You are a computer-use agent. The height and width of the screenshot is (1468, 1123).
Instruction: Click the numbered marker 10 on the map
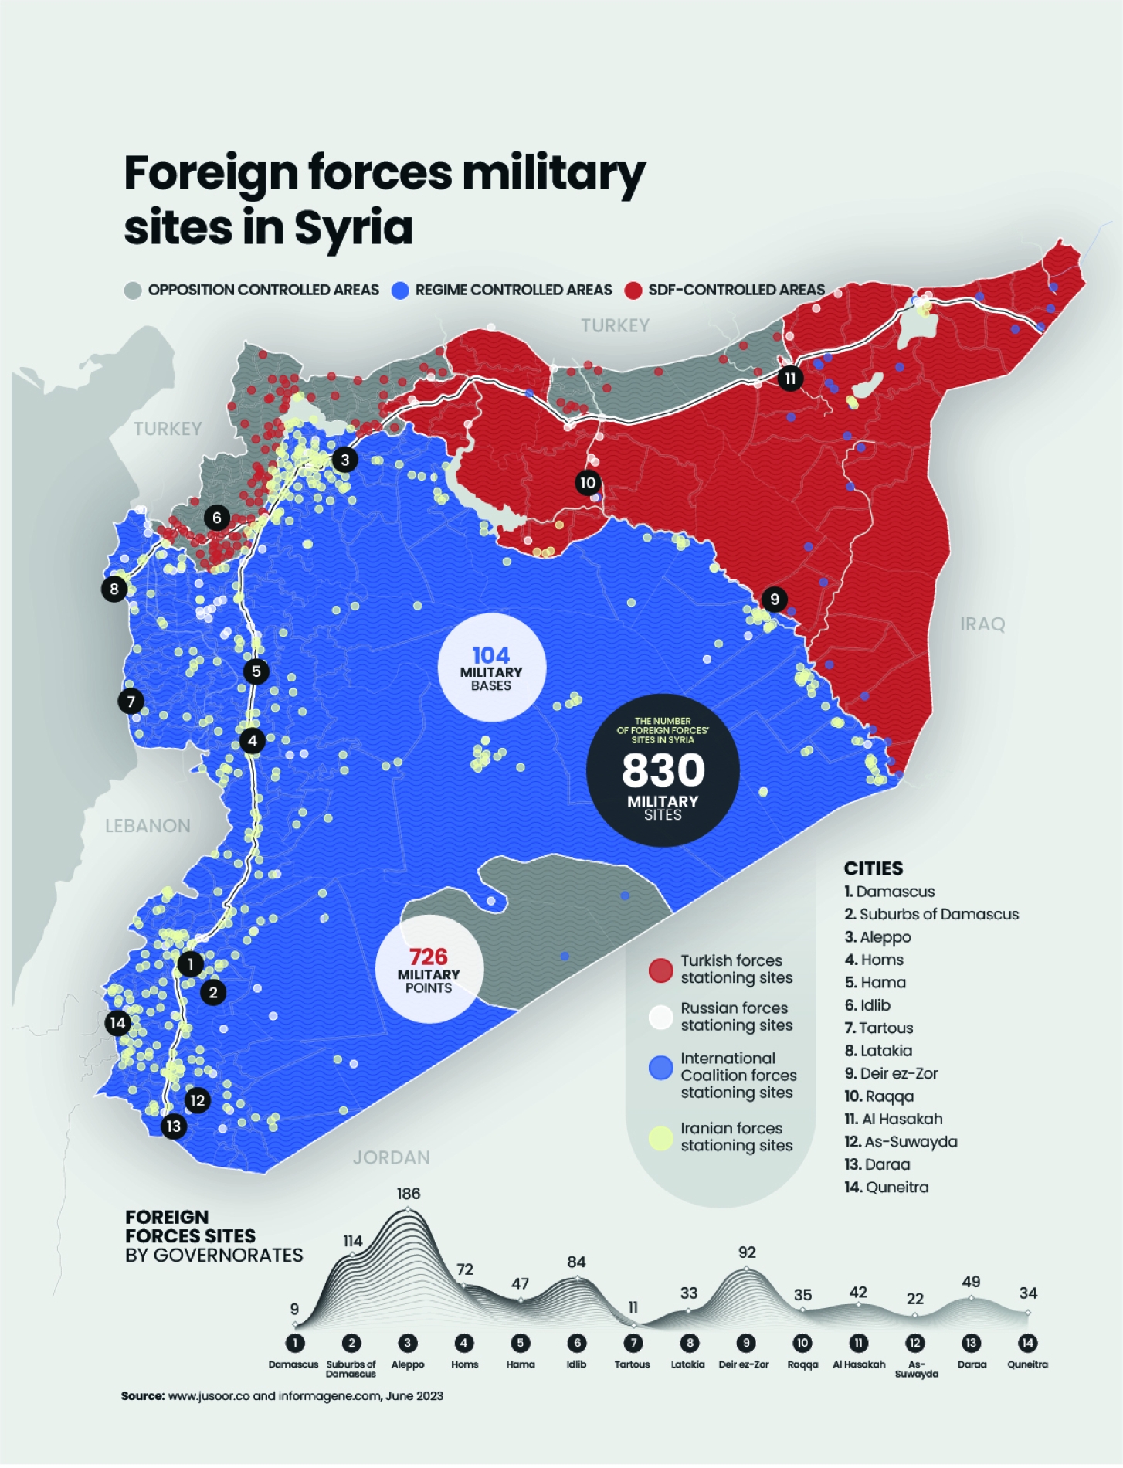coord(588,483)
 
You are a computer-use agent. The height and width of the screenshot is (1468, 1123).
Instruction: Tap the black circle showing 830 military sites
coord(663,770)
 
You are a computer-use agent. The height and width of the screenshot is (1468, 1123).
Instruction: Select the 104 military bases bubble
coord(491,668)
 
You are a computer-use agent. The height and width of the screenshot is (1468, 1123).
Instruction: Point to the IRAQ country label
coord(982,624)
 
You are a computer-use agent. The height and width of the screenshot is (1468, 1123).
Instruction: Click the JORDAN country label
coord(392,1157)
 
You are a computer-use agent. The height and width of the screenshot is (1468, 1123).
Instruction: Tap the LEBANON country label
coord(148,826)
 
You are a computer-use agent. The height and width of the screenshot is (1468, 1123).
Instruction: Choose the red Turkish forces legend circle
coord(660,970)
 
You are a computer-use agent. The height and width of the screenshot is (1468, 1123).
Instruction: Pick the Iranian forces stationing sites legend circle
coord(660,1138)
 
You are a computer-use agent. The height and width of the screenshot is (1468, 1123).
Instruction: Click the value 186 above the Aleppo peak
coord(409,1194)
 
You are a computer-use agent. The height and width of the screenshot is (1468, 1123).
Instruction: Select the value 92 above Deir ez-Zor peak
coord(747,1252)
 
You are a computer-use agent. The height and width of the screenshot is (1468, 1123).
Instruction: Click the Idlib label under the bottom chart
coord(576,1364)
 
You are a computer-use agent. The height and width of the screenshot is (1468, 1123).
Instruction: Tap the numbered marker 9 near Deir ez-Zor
coord(774,599)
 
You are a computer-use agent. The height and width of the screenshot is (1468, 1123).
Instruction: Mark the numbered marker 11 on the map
coord(789,379)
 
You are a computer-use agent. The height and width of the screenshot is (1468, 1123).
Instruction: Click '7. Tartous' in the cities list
coord(879,1028)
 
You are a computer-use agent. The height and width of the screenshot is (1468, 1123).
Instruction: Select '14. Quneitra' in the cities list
coord(887,1188)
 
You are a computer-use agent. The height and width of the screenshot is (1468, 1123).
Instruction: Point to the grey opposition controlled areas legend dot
coord(133,291)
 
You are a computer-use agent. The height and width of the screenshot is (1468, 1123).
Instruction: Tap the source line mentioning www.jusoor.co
coord(282,1396)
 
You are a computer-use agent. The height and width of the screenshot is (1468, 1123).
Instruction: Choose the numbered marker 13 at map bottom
coord(173,1126)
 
